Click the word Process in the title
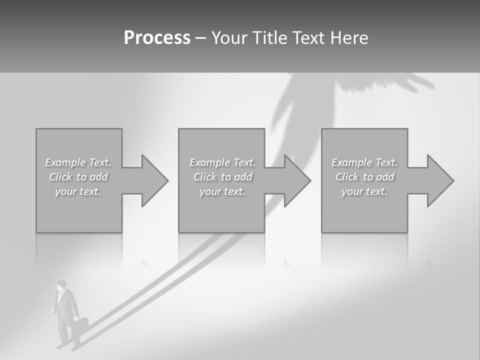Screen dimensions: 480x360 pyautogui.click(x=157, y=38)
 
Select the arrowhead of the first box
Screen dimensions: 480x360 pyautogui.click(x=153, y=180)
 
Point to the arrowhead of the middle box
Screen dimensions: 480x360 pyautogui.click(x=296, y=180)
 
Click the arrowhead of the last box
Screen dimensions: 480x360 pyautogui.click(x=439, y=180)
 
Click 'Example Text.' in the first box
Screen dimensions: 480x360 pyautogui.click(x=78, y=162)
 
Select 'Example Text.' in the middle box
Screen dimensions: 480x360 pyautogui.click(x=222, y=162)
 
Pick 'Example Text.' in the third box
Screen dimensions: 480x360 pyautogui.click(x=364, y=162)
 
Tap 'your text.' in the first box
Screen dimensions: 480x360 pyautogui.click(x=78, y=191)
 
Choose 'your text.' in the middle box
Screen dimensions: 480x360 pyautogui.click(x=222, y=191)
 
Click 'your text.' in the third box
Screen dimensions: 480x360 pyautogui.click(x=364, y=191)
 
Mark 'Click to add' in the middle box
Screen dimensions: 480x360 pyautogui.click(x=222, y=177)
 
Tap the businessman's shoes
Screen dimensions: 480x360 pyautogui.click(x=67, y=345)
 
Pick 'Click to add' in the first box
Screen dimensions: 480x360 pyautogui.click(x=78, y=177)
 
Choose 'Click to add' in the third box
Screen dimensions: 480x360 pyautogui.click(x=364, y=177)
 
